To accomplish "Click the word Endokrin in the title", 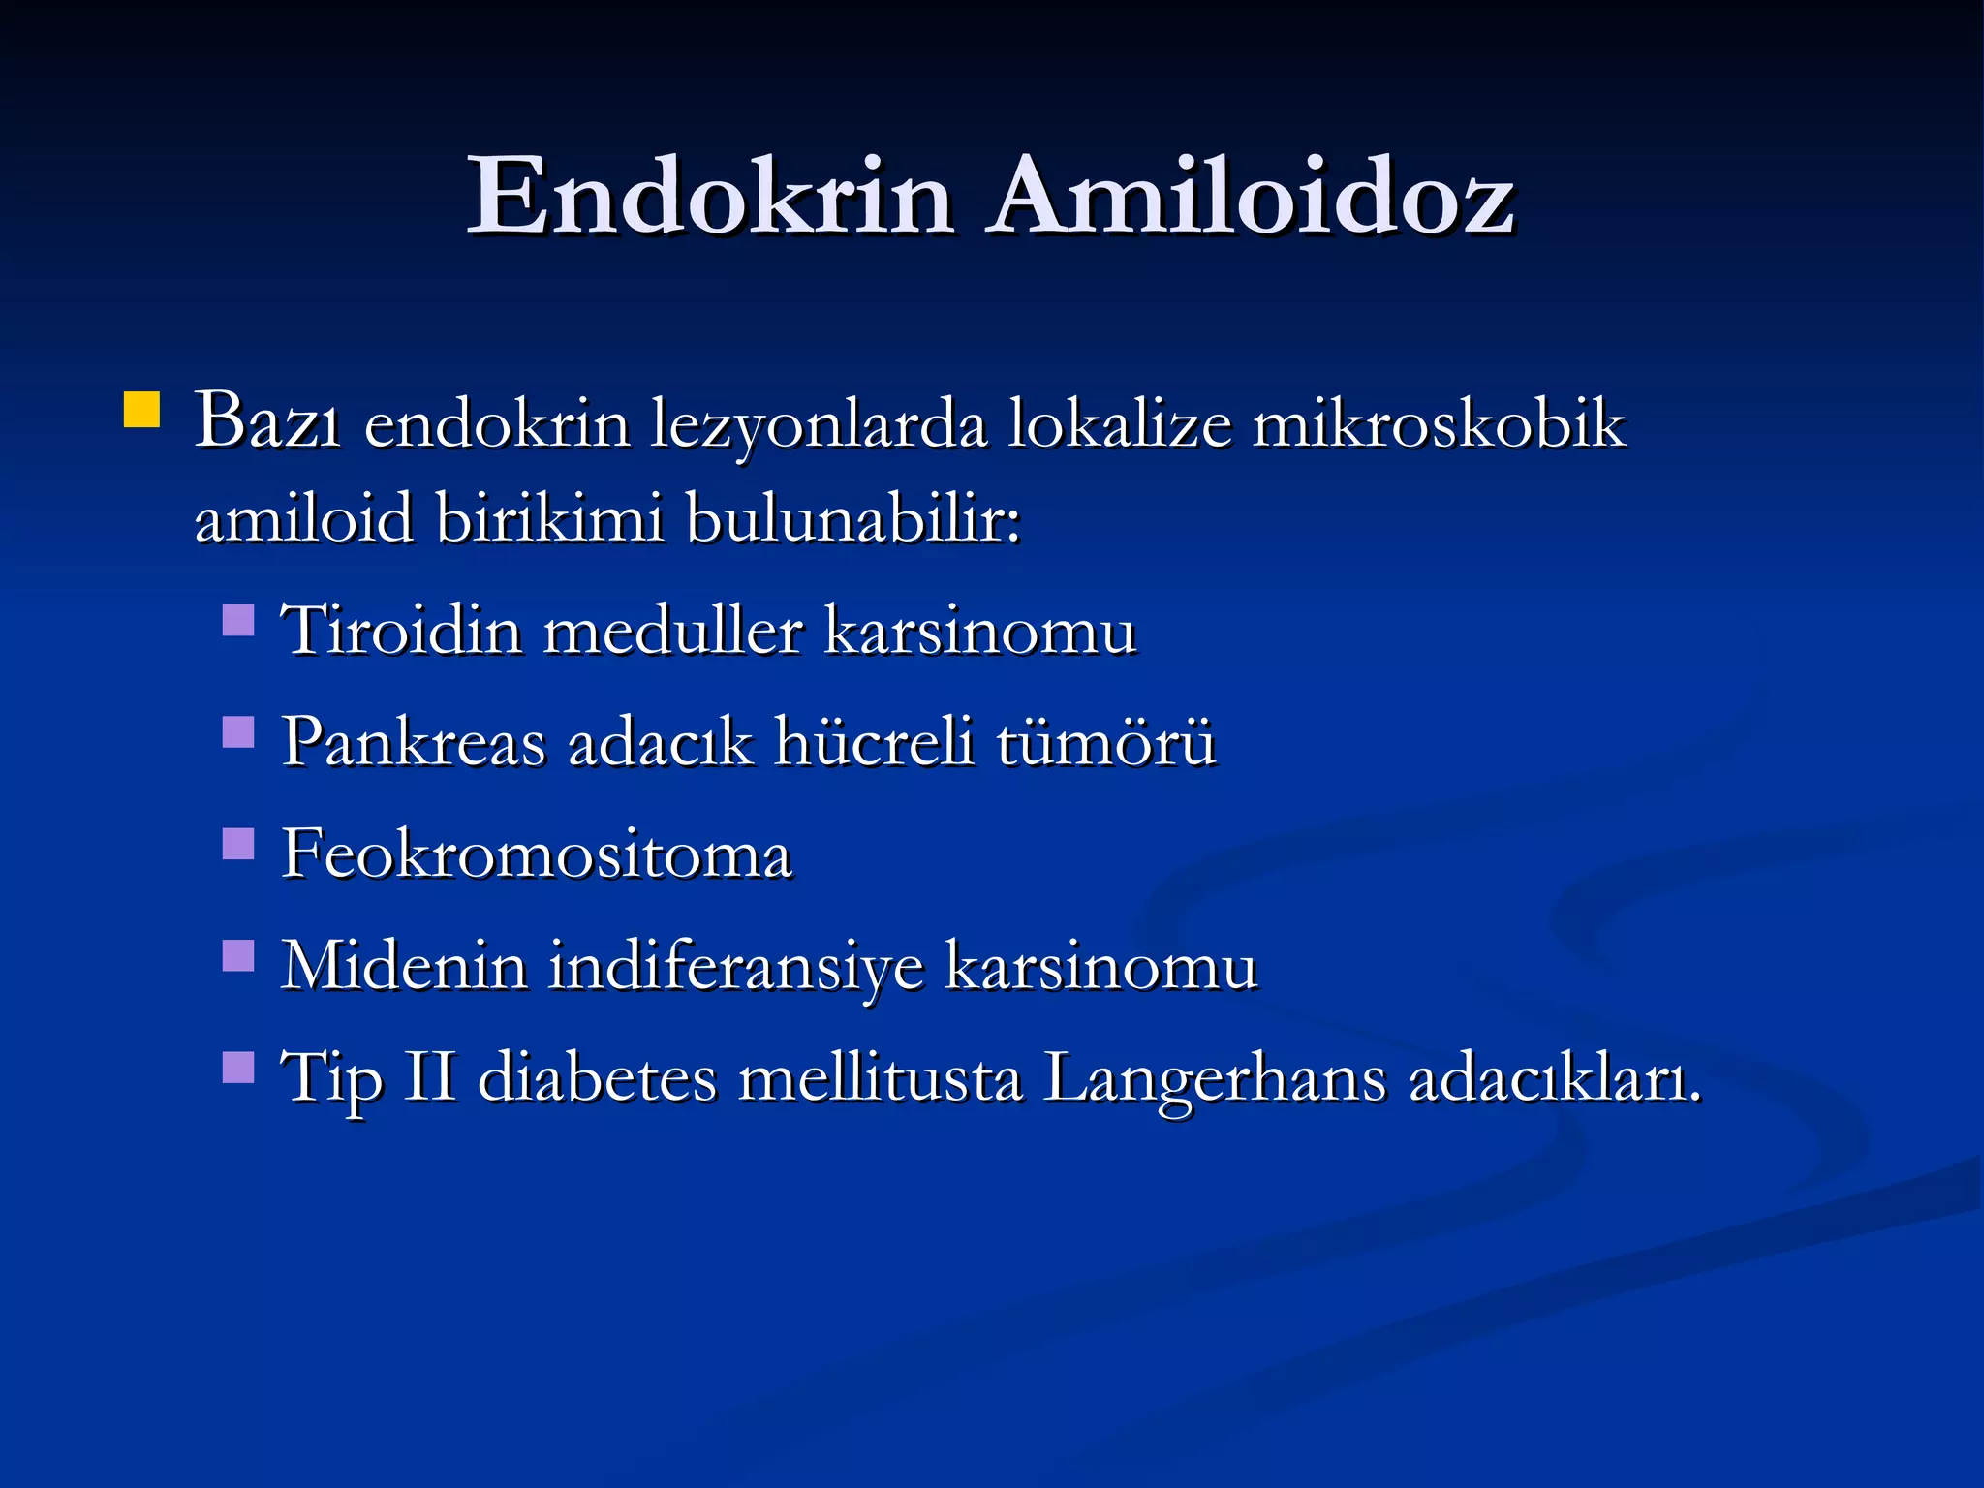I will point(710,197).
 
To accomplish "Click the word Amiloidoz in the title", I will point(1251,197).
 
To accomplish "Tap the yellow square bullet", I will point(141,410).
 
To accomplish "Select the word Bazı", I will point(267,422).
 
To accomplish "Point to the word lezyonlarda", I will point(819,426).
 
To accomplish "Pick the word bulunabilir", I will point(852,518).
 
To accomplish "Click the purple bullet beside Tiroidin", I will point(238,620).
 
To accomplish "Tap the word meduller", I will point(673,632).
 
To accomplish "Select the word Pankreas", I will point(414,743).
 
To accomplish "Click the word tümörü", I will point(1105,743).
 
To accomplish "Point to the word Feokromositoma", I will point(537,855).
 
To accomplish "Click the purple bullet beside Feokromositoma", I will point(238,844).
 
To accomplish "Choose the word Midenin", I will point(404,966).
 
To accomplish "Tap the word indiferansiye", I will point(736,968).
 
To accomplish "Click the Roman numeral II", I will point(429,1076).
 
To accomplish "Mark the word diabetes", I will point(598,1077).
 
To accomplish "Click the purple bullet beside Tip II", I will point(238,1068).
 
